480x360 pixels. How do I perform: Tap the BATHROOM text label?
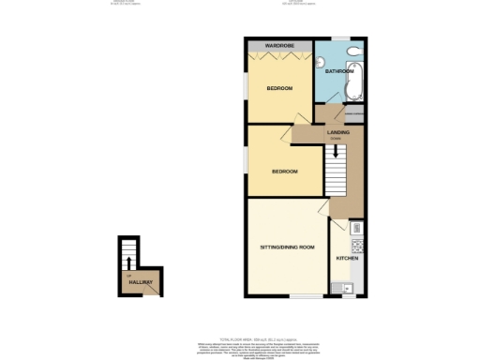click(338, 71)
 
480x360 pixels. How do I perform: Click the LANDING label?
click(338, 132)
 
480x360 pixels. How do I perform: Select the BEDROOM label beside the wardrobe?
click(279, 89)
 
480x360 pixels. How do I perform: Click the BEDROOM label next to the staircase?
click(284, 172)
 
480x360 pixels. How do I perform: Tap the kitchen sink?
click(347, 287)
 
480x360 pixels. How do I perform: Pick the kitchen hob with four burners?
click(355, 230)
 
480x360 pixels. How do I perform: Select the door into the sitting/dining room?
click(324, 210)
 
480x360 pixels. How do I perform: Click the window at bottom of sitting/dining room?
click(304, 297)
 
